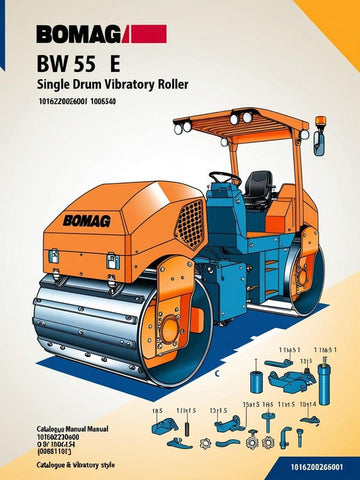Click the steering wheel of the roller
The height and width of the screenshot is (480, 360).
tap(223, 178)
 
